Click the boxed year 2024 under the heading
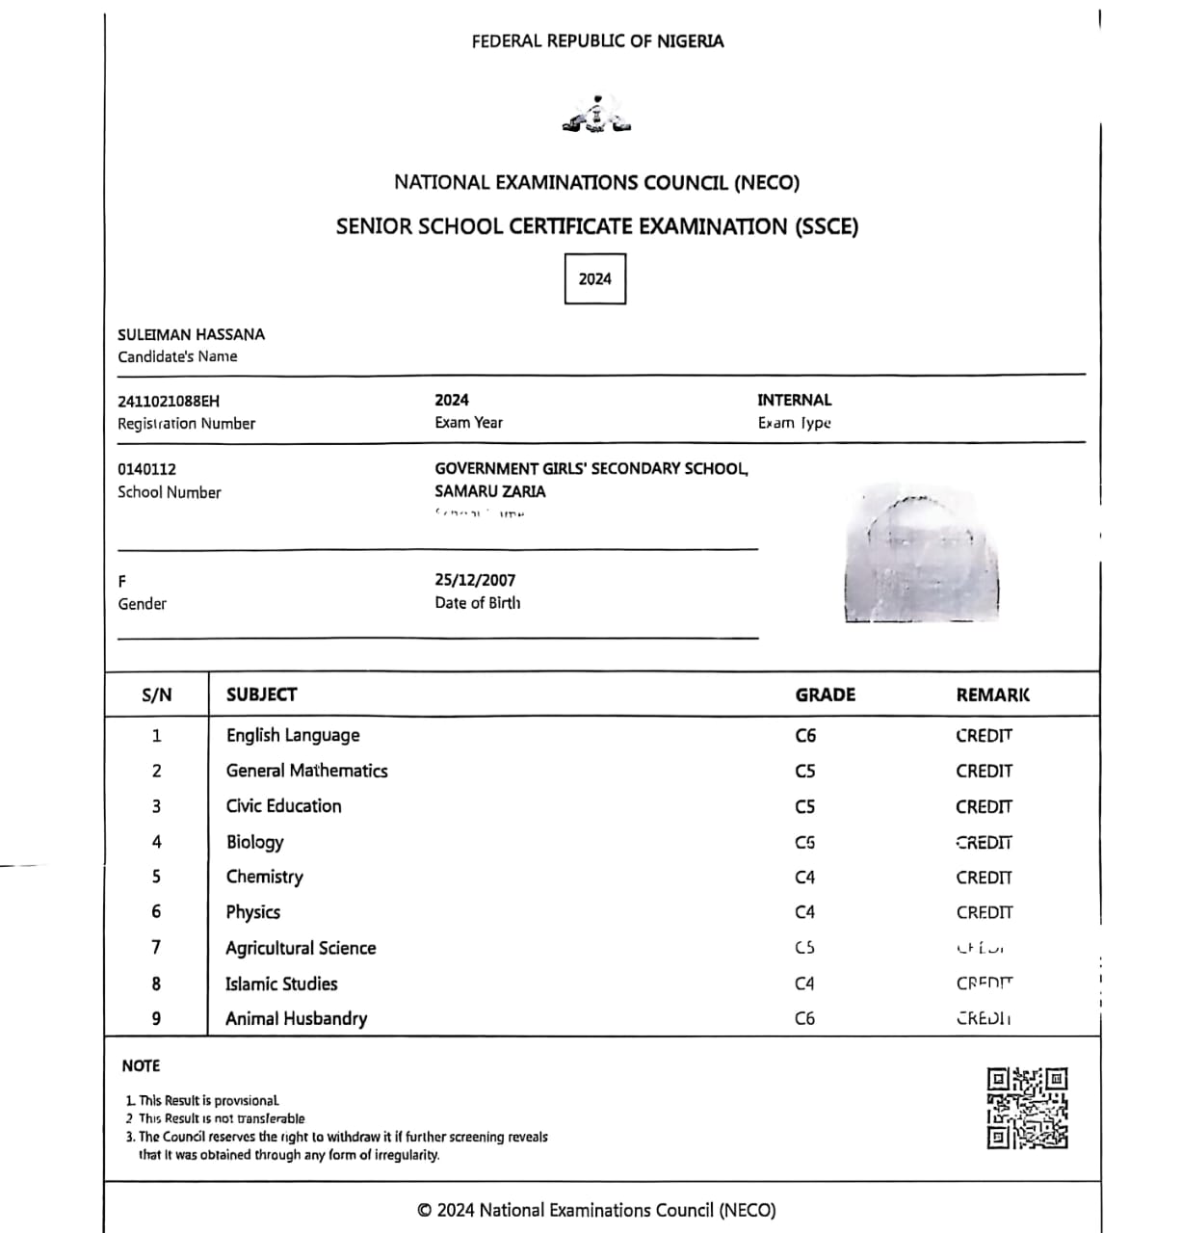click(594, 279)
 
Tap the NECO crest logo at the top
click(597, 116)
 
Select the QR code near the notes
click(1027, 1108)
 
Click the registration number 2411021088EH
click(169, 401)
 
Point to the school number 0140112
click(146, 469)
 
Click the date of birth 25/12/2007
click(475, 580)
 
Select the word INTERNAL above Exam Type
click(794, 400)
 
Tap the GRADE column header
click(825, 695)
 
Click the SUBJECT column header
click(261, 695)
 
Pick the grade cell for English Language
click(805, 736)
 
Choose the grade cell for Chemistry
click(805, 878)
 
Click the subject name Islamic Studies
click(281, 984)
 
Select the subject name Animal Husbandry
click(296, 1018)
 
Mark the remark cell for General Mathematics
click(984, 771)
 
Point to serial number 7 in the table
click(156, 948)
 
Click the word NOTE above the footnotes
click(141, 1065)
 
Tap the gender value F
click(122, 581)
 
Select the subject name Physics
click(253, 912)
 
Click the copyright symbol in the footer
click(424, 1211)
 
